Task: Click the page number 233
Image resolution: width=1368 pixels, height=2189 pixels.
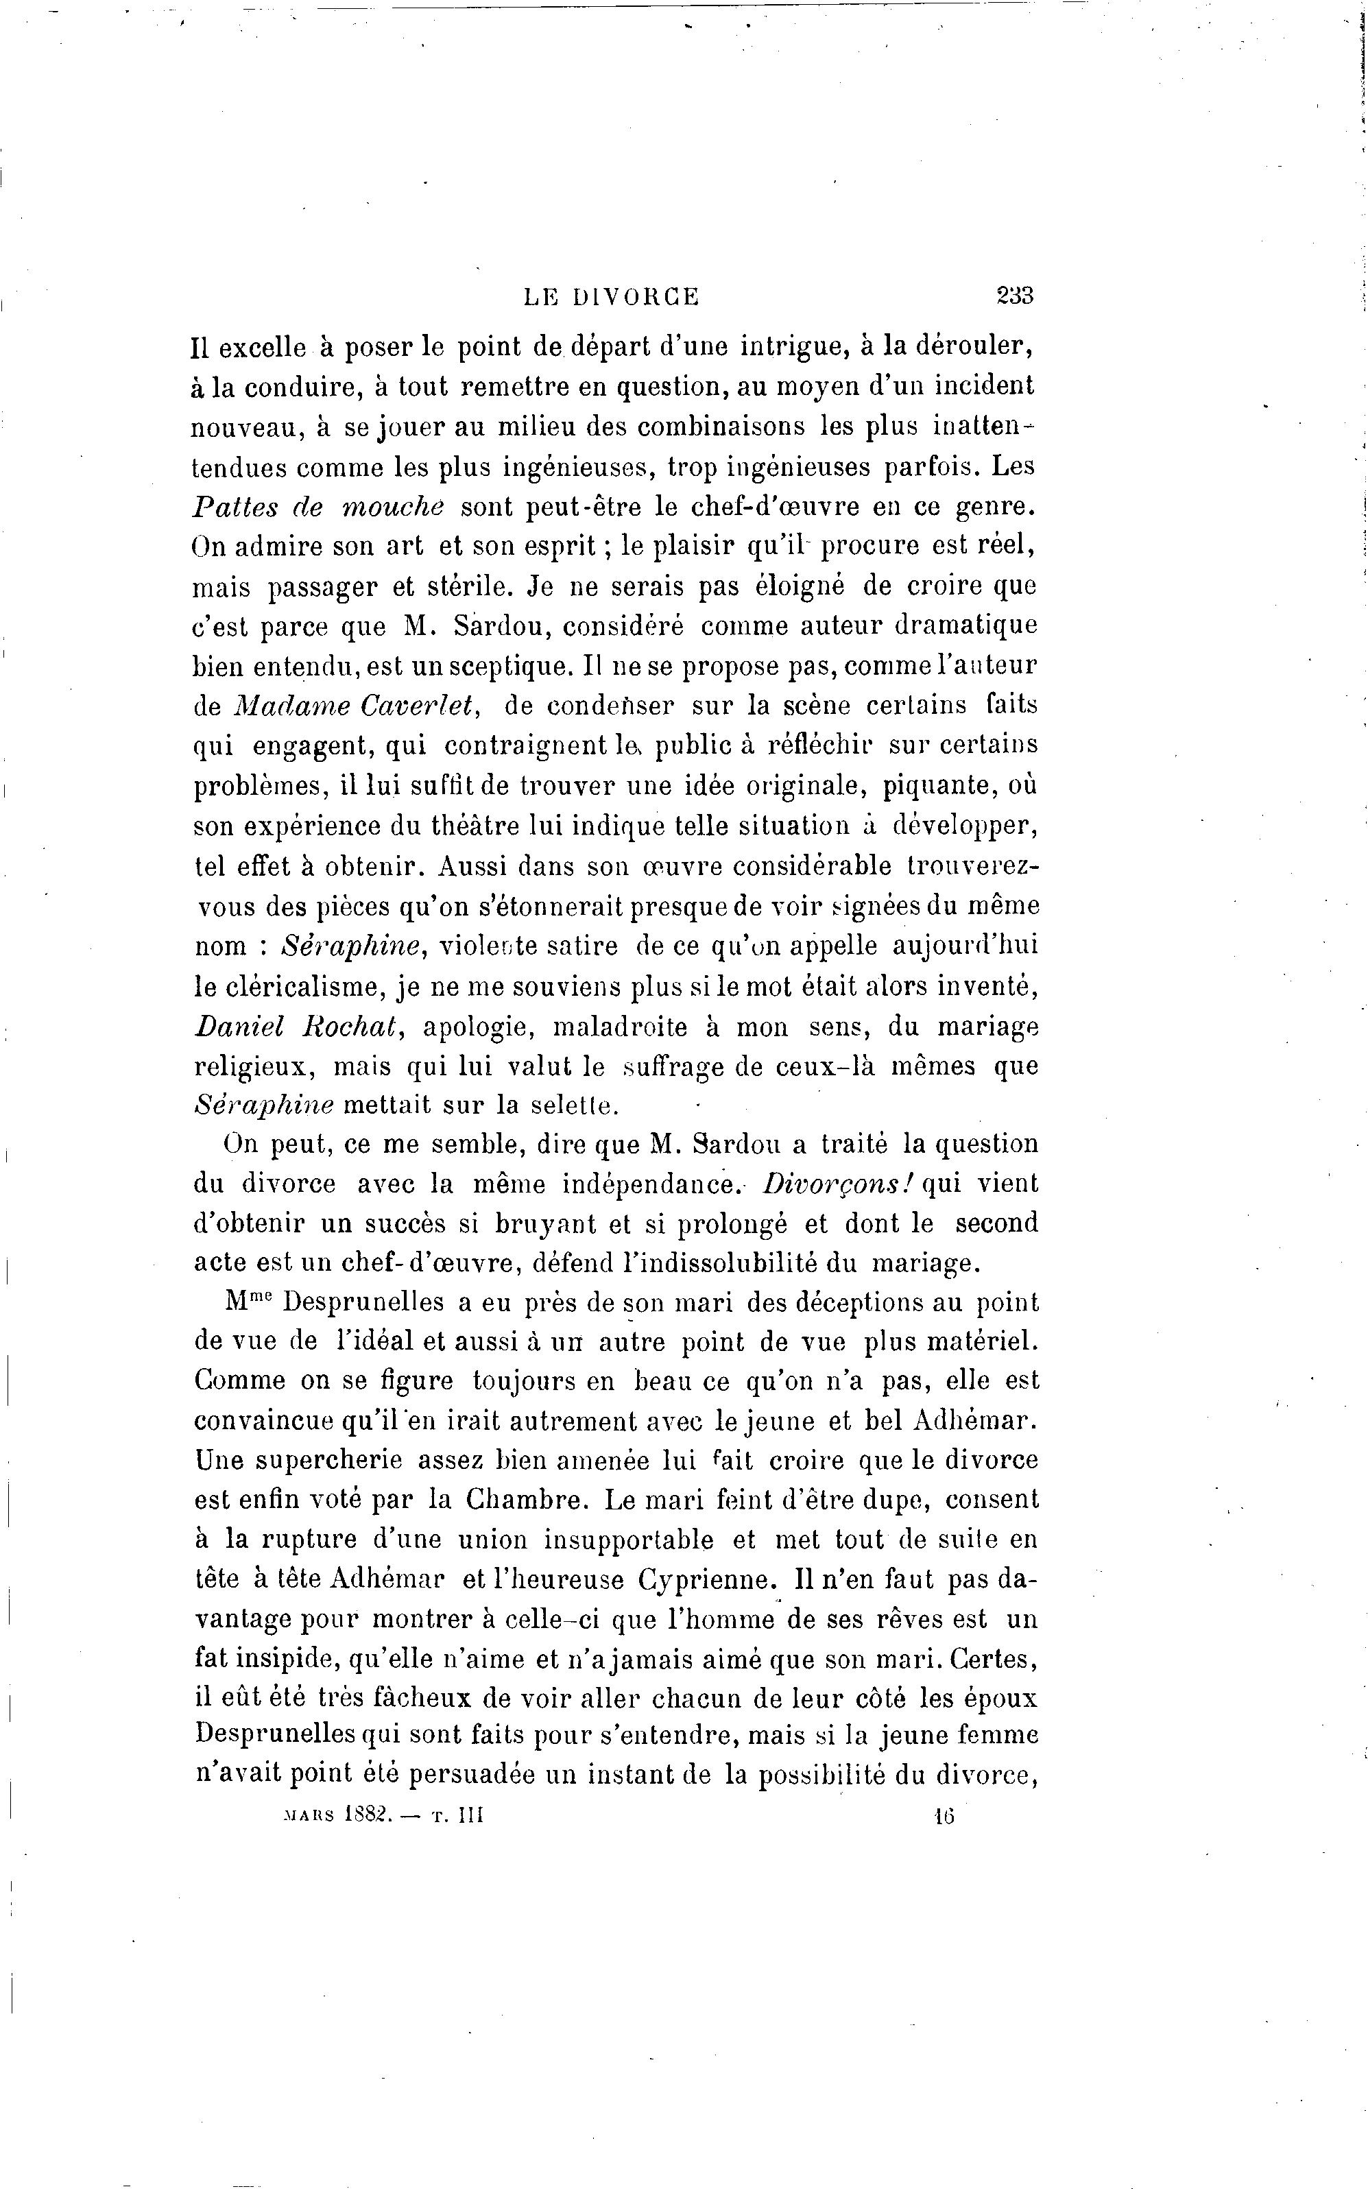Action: (x=1014, y=296)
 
